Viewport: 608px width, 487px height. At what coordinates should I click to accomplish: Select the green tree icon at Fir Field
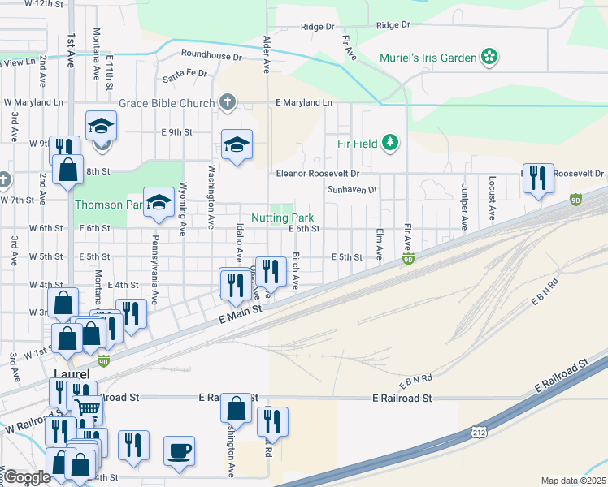point(392,143)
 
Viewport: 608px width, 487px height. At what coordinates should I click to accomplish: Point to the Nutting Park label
point(282,218)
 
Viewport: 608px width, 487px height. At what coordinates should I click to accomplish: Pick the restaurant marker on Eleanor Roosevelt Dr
point(537,177)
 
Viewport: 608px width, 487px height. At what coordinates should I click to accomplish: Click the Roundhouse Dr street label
point(211,57)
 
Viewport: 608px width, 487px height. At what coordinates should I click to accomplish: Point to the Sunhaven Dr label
point(352,190)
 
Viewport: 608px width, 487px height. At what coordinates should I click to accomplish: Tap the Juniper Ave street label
point(464,206)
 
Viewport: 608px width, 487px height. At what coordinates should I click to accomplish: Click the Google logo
point(27,477)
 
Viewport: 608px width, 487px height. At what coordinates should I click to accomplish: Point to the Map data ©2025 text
point(574,481)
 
